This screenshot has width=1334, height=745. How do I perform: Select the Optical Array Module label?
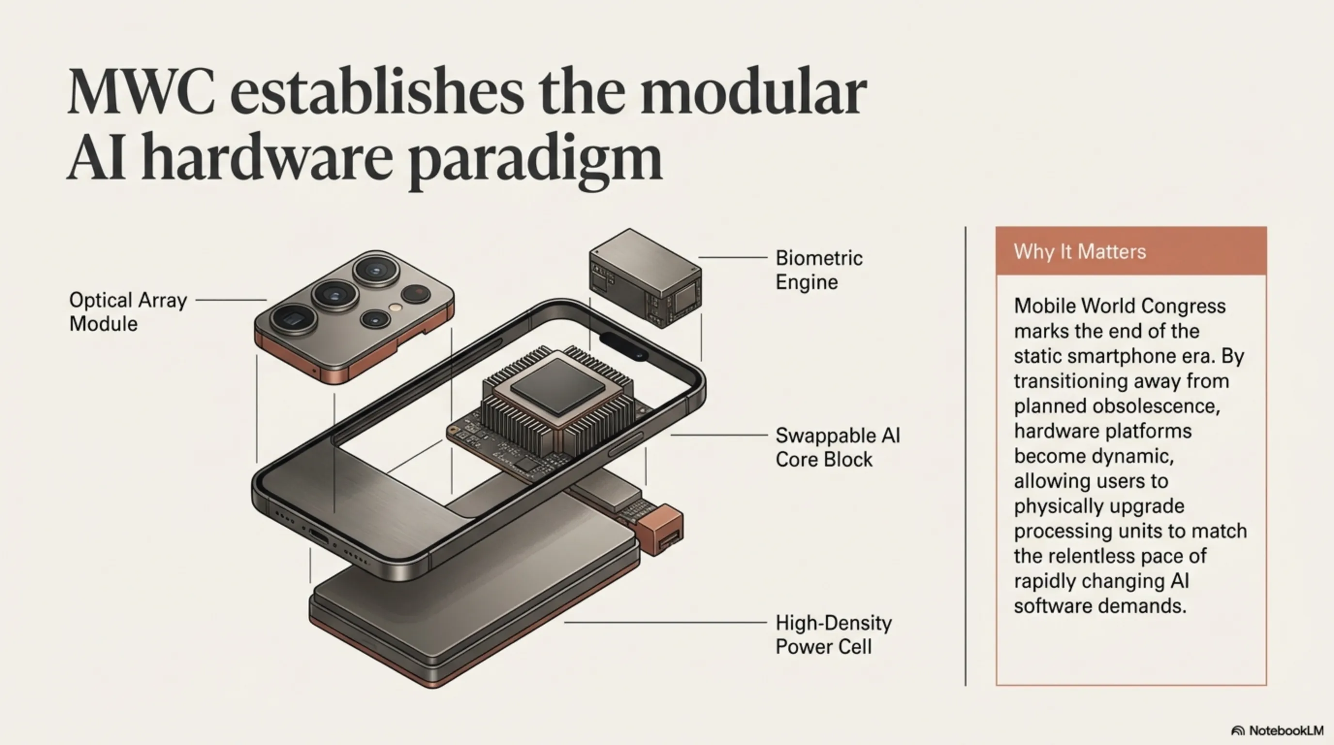point(128,312)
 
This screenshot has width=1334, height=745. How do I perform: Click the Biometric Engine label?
point(819,270)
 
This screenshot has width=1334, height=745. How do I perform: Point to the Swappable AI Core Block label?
point(837,447)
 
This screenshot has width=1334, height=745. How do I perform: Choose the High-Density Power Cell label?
point(833,634)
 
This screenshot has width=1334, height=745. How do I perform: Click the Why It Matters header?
point(1080,252)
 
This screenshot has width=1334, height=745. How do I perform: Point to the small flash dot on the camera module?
point(396,307)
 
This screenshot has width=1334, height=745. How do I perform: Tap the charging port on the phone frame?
point(318,536)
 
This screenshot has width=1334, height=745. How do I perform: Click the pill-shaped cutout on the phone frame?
point(623,346)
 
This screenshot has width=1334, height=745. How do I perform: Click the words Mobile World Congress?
point(1119,306)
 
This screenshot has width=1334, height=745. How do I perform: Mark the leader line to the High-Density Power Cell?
point(665,622)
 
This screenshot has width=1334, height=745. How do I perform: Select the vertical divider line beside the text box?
point(965,456)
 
